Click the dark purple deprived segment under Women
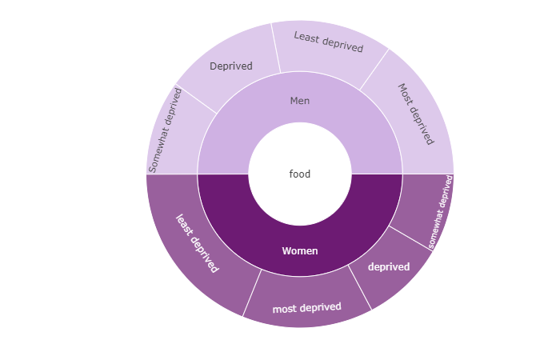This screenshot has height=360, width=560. point(389,267)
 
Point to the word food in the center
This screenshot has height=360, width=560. point(300,174)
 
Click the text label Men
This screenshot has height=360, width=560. point(300,101)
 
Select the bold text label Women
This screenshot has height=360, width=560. point(300,250)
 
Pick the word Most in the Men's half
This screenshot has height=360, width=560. point(405,94)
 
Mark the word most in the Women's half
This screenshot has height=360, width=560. point(284,309)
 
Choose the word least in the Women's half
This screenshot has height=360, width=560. point(184,225)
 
